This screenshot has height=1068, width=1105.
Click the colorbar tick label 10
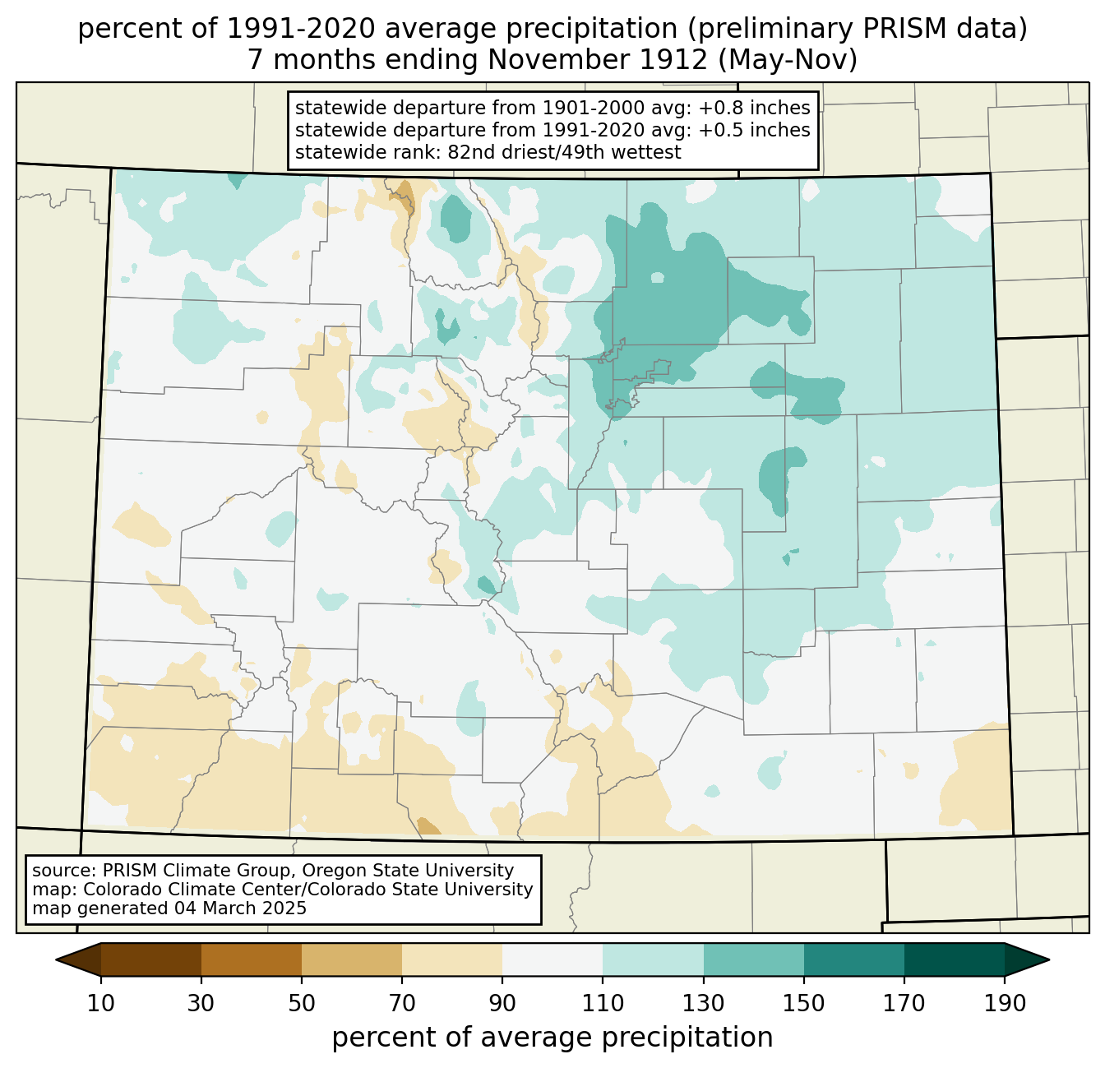pyautogui.click(x=100, y=1003)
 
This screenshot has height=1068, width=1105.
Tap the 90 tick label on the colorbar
pyautogui.click(x=502, y=1003)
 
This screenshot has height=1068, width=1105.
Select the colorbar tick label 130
pyautogui.click(x=703, y=1003)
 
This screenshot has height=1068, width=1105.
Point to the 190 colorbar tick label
pyautogui.click(x=1004, y=1003)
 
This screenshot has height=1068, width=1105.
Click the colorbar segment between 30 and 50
pyautogui.click(x=251, y=959)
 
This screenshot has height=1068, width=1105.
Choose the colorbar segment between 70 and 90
pyautogui.click(x=452, y=959)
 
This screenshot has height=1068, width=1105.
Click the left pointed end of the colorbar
pyautogui.click(x=57, y=959)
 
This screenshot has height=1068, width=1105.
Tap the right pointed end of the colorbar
pyautogui.click(x=1048, y=959)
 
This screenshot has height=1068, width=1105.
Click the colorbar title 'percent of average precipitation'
pyautogui.click(x=552, y=1038)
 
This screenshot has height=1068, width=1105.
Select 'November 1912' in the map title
pyautogui.click(x=598, y=59)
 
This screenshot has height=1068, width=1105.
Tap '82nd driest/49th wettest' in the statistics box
pyautogui.click(x=564, y=152)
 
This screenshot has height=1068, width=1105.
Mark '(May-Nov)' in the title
pyautogui.click(x=788, y=60)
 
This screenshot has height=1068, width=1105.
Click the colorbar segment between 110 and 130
pyautogui.click(x=653, y=959)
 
